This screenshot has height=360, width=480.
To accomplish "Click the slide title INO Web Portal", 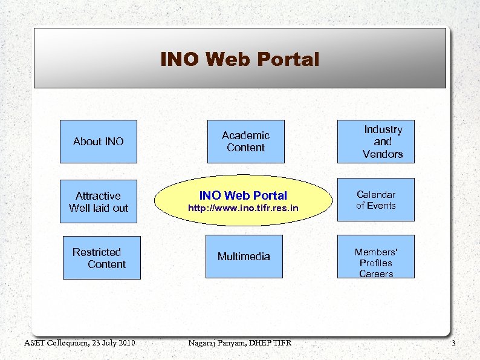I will [239, 59].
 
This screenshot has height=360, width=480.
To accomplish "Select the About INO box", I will [98, 142].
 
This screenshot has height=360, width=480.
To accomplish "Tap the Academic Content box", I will [245, 142].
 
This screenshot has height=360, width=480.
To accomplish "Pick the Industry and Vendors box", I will [376, 142].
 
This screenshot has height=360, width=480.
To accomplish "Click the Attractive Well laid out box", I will [98, 201].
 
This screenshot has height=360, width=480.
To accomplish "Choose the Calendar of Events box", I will [376, 200].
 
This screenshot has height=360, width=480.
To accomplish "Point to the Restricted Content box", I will [101, 258].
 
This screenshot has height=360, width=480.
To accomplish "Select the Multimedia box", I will [244, 257].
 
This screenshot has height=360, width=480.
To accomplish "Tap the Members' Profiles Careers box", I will [376, 257].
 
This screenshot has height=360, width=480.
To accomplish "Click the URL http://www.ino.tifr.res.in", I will [243, 209].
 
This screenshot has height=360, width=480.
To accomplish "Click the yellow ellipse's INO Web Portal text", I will [243, 195].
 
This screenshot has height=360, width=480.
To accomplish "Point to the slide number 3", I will [453, 344].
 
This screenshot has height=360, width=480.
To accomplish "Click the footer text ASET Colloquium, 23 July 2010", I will [79, 344].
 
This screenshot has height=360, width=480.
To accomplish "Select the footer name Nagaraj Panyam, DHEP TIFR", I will [240, 344].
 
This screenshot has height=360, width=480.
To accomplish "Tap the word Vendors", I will [383, 154].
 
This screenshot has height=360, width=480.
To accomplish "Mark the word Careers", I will [376, 274].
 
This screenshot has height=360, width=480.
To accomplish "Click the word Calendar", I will [376, 194].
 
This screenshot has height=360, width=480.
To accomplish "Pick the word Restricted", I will [97, 252].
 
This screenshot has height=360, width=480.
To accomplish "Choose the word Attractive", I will [98, 196].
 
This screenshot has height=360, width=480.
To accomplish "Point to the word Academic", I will [245, 136].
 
